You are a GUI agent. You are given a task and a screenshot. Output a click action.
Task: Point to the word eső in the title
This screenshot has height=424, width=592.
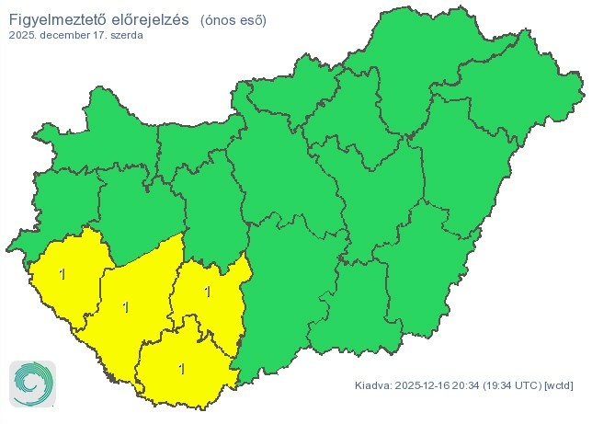point(256,19)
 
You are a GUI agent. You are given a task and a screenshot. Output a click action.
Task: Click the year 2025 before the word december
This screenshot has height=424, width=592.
point(22,36)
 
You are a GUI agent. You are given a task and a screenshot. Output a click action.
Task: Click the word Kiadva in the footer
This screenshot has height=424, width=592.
point(372,384)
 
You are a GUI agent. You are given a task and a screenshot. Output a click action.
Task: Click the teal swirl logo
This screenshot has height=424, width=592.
point(32,383)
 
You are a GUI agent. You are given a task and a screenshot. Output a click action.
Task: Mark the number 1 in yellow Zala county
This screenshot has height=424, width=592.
point(62,273)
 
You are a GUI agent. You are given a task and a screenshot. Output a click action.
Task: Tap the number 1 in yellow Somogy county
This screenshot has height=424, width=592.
point(125,306)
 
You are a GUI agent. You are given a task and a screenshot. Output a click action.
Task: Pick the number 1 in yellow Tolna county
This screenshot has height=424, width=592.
point(208,292)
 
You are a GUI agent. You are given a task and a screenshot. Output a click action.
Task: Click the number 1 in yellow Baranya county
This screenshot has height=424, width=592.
point(181,369)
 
